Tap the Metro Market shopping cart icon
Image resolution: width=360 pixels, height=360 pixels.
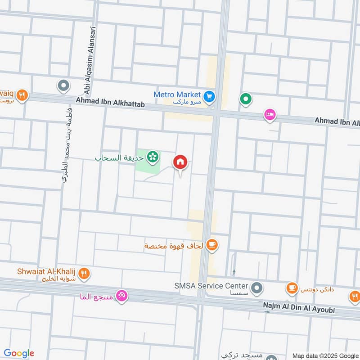click(x=209, y=96)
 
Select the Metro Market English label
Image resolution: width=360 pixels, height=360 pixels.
click(x=177, y=94)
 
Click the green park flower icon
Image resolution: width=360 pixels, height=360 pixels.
click(x=153, y=156)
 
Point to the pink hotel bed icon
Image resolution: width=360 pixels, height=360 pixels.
click(x=270, y=115)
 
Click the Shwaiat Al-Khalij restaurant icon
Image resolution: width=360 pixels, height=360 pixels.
click(x=84, y=273)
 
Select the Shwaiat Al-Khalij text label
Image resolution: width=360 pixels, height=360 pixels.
click(x=46, y=271)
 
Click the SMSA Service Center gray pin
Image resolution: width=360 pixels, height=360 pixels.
click(x=257, y=287)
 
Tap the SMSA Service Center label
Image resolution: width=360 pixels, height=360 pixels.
click(x=211, y=286)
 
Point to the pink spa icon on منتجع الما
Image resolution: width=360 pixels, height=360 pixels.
click(x=121, y=296)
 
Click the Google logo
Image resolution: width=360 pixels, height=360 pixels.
click(x=19, y=353)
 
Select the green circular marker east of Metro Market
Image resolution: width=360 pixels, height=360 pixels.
click(x=246, y=98)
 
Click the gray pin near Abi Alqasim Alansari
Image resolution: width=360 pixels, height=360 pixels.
click(x=63, y=85)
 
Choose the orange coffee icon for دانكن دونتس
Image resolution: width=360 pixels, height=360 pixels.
click(x=292, y=287)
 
